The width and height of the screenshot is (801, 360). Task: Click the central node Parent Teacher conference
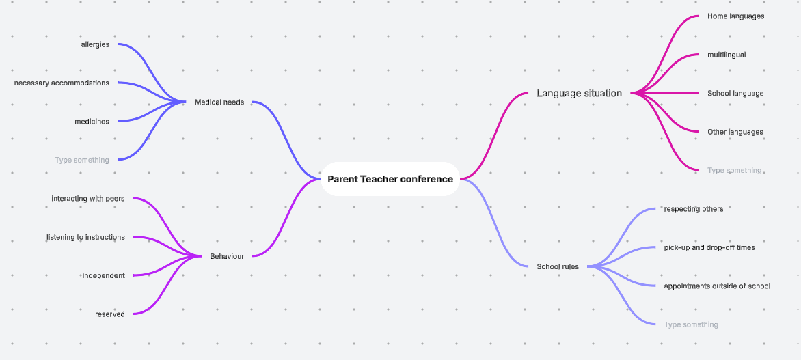[x=390, y=179]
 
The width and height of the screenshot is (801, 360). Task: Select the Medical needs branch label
[x=219, y=102]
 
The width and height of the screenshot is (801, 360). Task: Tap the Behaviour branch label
[x=227, y=256]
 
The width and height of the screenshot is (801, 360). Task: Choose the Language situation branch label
[x=580, y=93]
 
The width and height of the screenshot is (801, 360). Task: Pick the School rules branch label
[x=558, y=266]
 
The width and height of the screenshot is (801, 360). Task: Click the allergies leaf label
[x=95, y=45]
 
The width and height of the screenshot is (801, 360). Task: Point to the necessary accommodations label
[x=62, y=83]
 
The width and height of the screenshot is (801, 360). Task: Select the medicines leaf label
[x=92, y=122]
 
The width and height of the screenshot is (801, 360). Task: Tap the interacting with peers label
[x=88, y=198]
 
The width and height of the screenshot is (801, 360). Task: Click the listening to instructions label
[x=86, y=237]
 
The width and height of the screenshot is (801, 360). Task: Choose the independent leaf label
[x=104, y=276]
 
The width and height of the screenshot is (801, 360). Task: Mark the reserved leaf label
[x=110, y=314]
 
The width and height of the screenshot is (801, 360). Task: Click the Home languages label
[x=735, y=16]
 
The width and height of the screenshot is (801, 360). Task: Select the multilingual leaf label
[x=727, y=55]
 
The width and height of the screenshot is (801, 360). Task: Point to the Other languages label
[x=735, y=132]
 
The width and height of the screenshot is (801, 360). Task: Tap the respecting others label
[x=693, y=209]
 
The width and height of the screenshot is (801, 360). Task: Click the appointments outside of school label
[x=717, y=286]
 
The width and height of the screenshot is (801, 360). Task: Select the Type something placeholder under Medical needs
[x=82, y=161]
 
